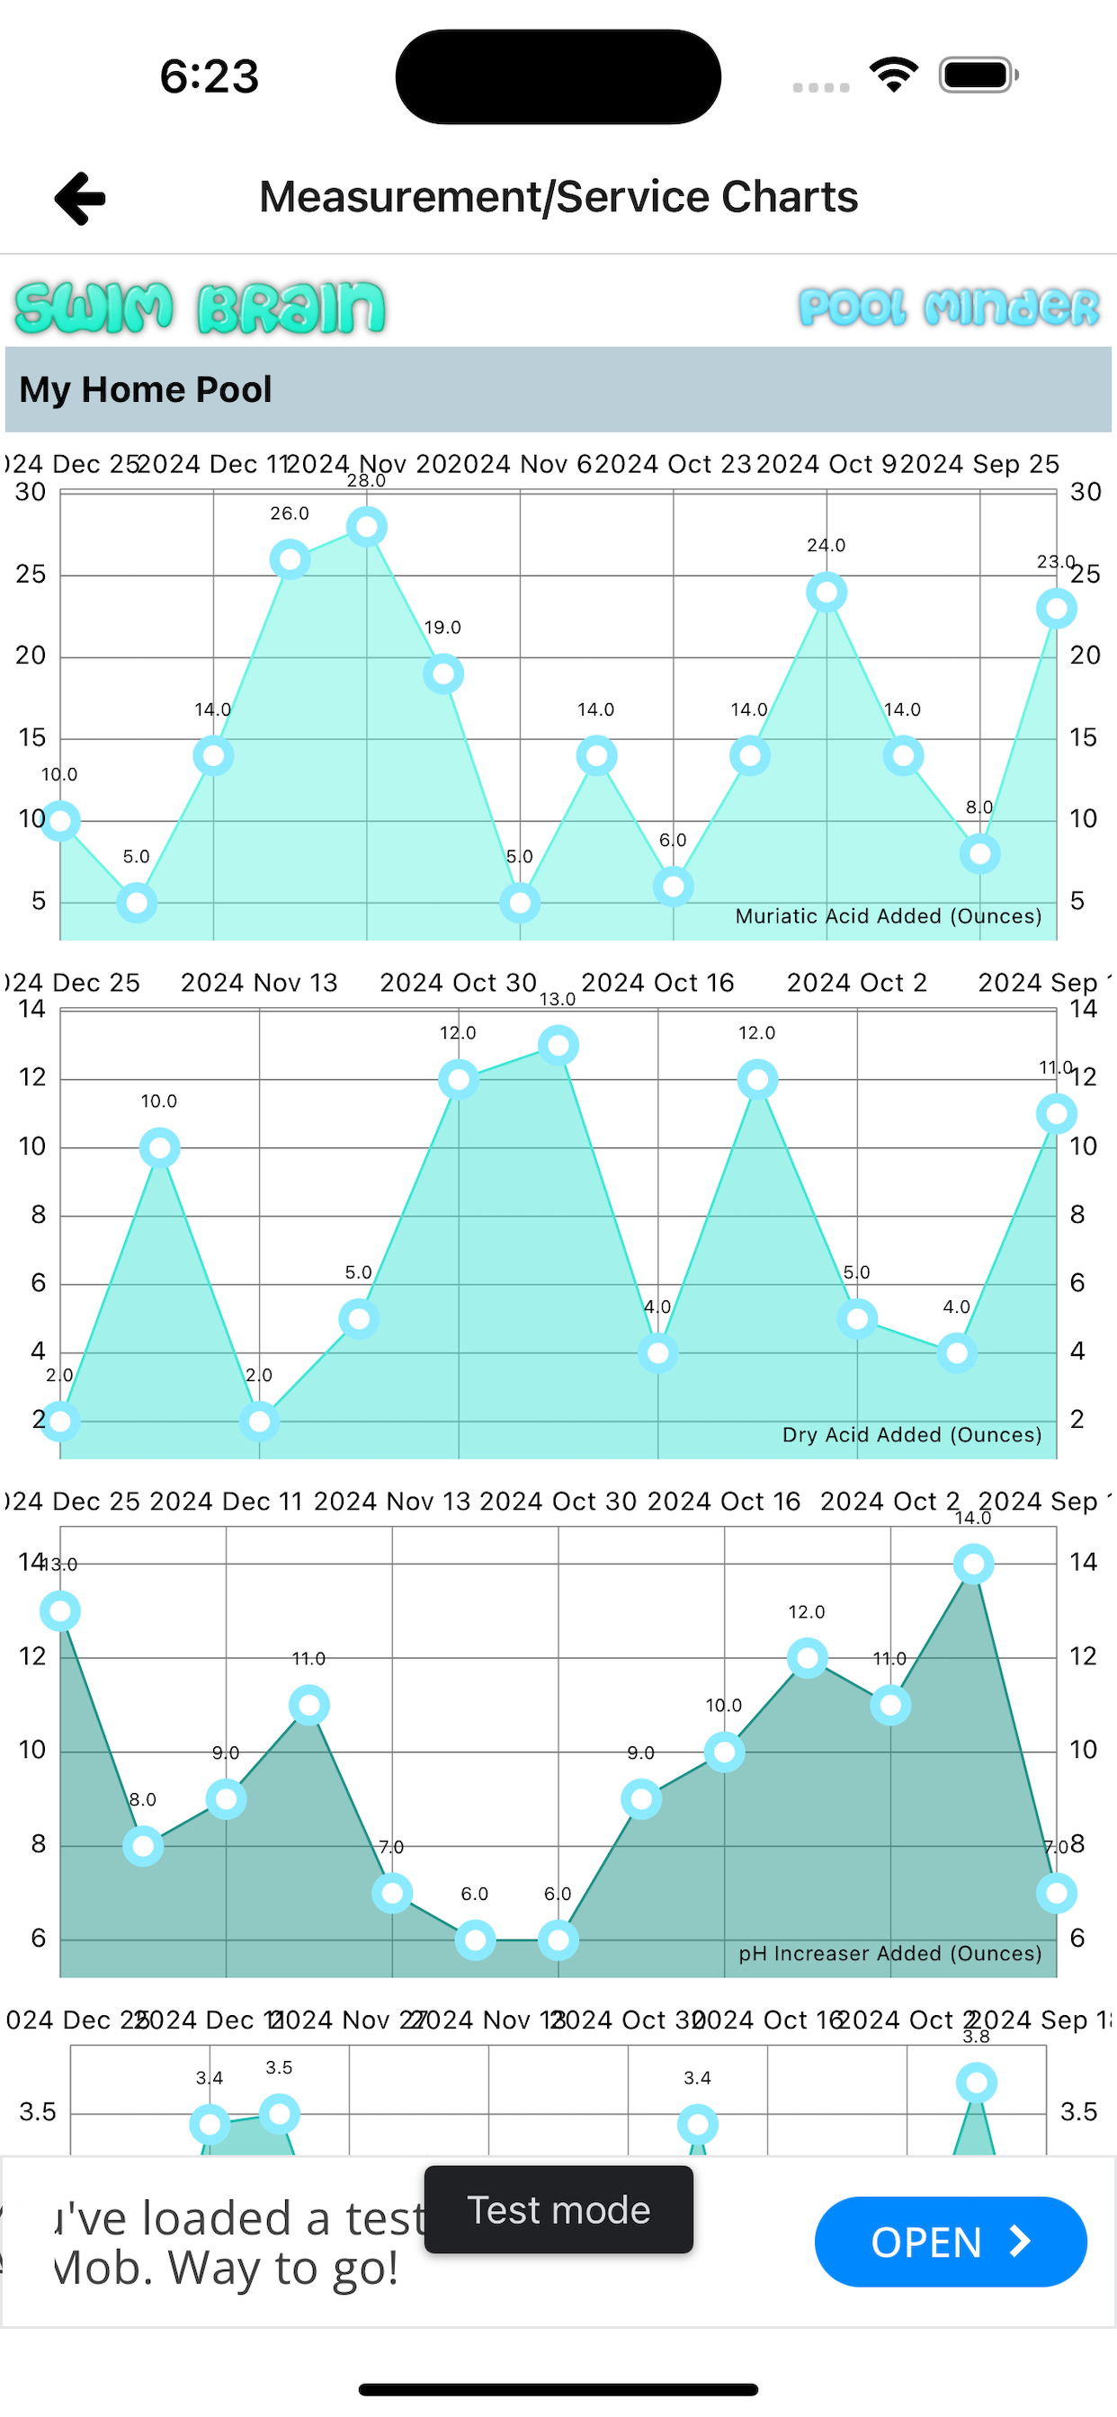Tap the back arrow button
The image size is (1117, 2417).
(x=81, y=198)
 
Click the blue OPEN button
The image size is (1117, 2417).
(x=950, y=2242)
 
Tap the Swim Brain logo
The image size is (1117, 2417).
(x=200, y=308)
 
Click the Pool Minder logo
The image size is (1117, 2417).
(x=948, y=308)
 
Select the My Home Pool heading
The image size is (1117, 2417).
(x=146, y=389)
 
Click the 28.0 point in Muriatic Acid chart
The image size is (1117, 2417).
(x=367, y=527)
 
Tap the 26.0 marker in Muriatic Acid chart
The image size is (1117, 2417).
(x=290, y=560)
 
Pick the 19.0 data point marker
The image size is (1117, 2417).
(x=443, y=673)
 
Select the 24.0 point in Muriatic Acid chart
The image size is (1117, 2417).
(x=826, y=592)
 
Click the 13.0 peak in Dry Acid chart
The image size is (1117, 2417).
(x=558, y=1045)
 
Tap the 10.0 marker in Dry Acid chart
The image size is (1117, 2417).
(x=159, y=1147)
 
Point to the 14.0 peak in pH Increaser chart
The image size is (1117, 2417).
(x=973, y=1564)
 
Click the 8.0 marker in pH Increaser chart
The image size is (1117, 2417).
(x=144, y=1846)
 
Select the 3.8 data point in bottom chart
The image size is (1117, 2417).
(x=976, y=2083)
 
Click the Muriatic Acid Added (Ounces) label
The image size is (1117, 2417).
(x=888, y=916)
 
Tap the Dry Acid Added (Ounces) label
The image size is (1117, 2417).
(x=911, y=1434)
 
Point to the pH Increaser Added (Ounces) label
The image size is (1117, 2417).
(x=889, y=1954)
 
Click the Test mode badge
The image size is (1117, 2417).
(x=558, y=2209)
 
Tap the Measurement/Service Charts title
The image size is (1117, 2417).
(x=558, y=197)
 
